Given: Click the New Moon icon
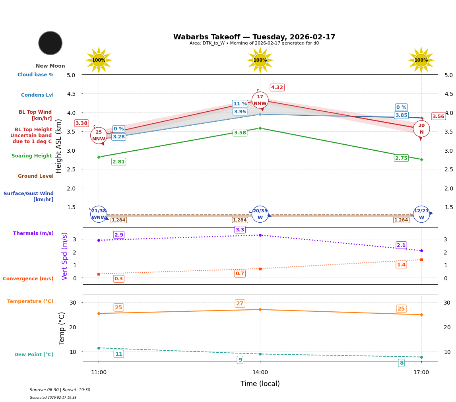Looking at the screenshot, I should pyautogui.click(x=50, y=43).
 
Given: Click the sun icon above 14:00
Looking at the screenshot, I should pyautogui.click(x=260, y=60).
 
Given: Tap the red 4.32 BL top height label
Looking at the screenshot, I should pyautogui.click(x=277, y=87).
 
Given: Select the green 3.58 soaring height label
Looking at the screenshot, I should pyautogui.click(x=240, y=133).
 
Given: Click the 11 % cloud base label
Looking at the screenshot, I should pyautogui.click(x=240, y=104).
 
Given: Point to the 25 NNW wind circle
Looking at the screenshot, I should pyautogui.click(x=99, y=136).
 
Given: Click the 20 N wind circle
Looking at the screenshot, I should pyautogui.click(x=421, y=129).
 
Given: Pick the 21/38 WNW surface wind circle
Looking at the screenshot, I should pyautogui.click(x=99, y=214).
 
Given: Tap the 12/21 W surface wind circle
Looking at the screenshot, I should pyautogui.click(x=421, y=214).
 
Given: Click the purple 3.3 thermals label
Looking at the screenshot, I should pyautogui.click(x=240, y=230).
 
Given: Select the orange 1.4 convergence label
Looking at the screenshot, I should pyautogui.click(x=401, y=265).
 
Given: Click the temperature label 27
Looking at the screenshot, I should pyautogui.click(x=240, y=304).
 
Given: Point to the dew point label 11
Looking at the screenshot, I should pyautogui.click(x=118, y=354).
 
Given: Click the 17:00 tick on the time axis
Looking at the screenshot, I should pyautogui.click(x=421, y=372).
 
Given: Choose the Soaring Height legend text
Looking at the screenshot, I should pyautogui.click(x=32, y=156).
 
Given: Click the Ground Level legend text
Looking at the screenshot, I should pyautogui.click(x=35, y=176).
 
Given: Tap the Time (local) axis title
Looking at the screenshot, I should pyautogui.click(x=260, y=384).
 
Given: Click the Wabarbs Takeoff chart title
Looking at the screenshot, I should pyautogui.click(x=254, y=37).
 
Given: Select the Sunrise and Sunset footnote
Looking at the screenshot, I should pyautogui.click(x=60, y=390).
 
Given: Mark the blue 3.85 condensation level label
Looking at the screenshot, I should pyautogui.click(x=401, y=115).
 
